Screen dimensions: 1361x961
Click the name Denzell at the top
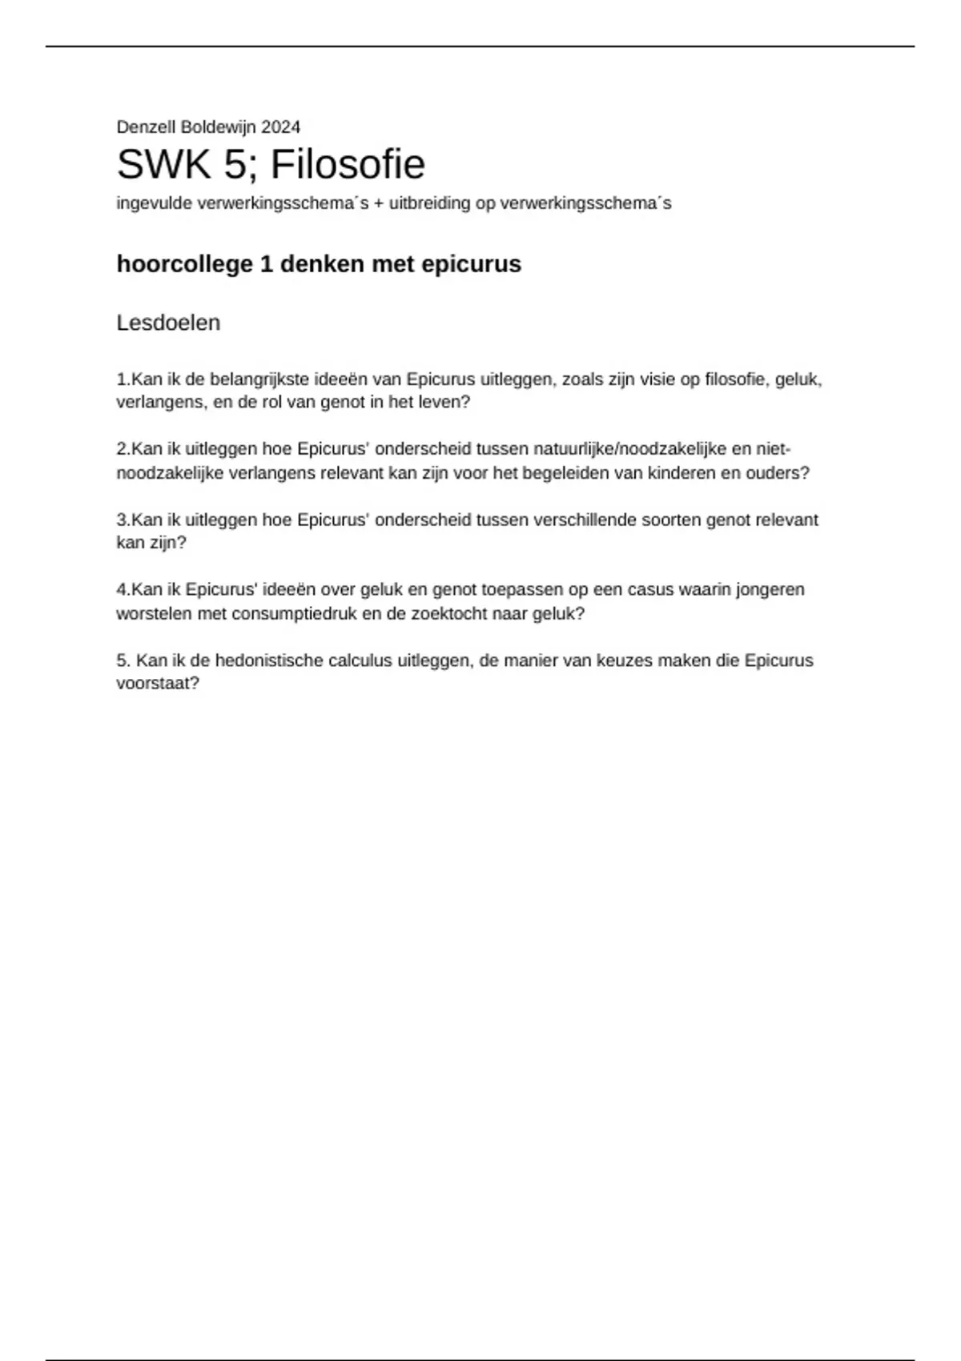tap(146, 127)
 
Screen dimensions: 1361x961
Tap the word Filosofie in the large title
tap(348, 165)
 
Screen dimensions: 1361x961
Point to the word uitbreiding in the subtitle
tap(430, 203)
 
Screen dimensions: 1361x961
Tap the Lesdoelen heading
tap(168, 323)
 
